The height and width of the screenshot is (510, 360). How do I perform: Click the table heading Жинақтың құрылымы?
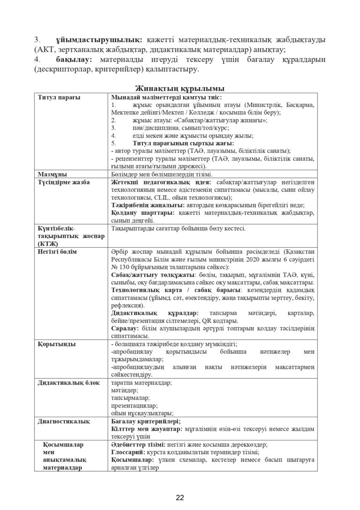point(180,88)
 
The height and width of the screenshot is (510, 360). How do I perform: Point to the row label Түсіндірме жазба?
point(64,182)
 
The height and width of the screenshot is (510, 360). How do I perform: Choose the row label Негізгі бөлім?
point(57,251)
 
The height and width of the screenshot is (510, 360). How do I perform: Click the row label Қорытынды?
point(56,344)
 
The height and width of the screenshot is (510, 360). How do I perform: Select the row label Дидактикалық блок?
point(67,383)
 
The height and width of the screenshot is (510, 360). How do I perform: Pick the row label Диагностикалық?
point(64,421)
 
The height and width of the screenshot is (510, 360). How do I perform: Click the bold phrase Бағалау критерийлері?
point(146,421)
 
